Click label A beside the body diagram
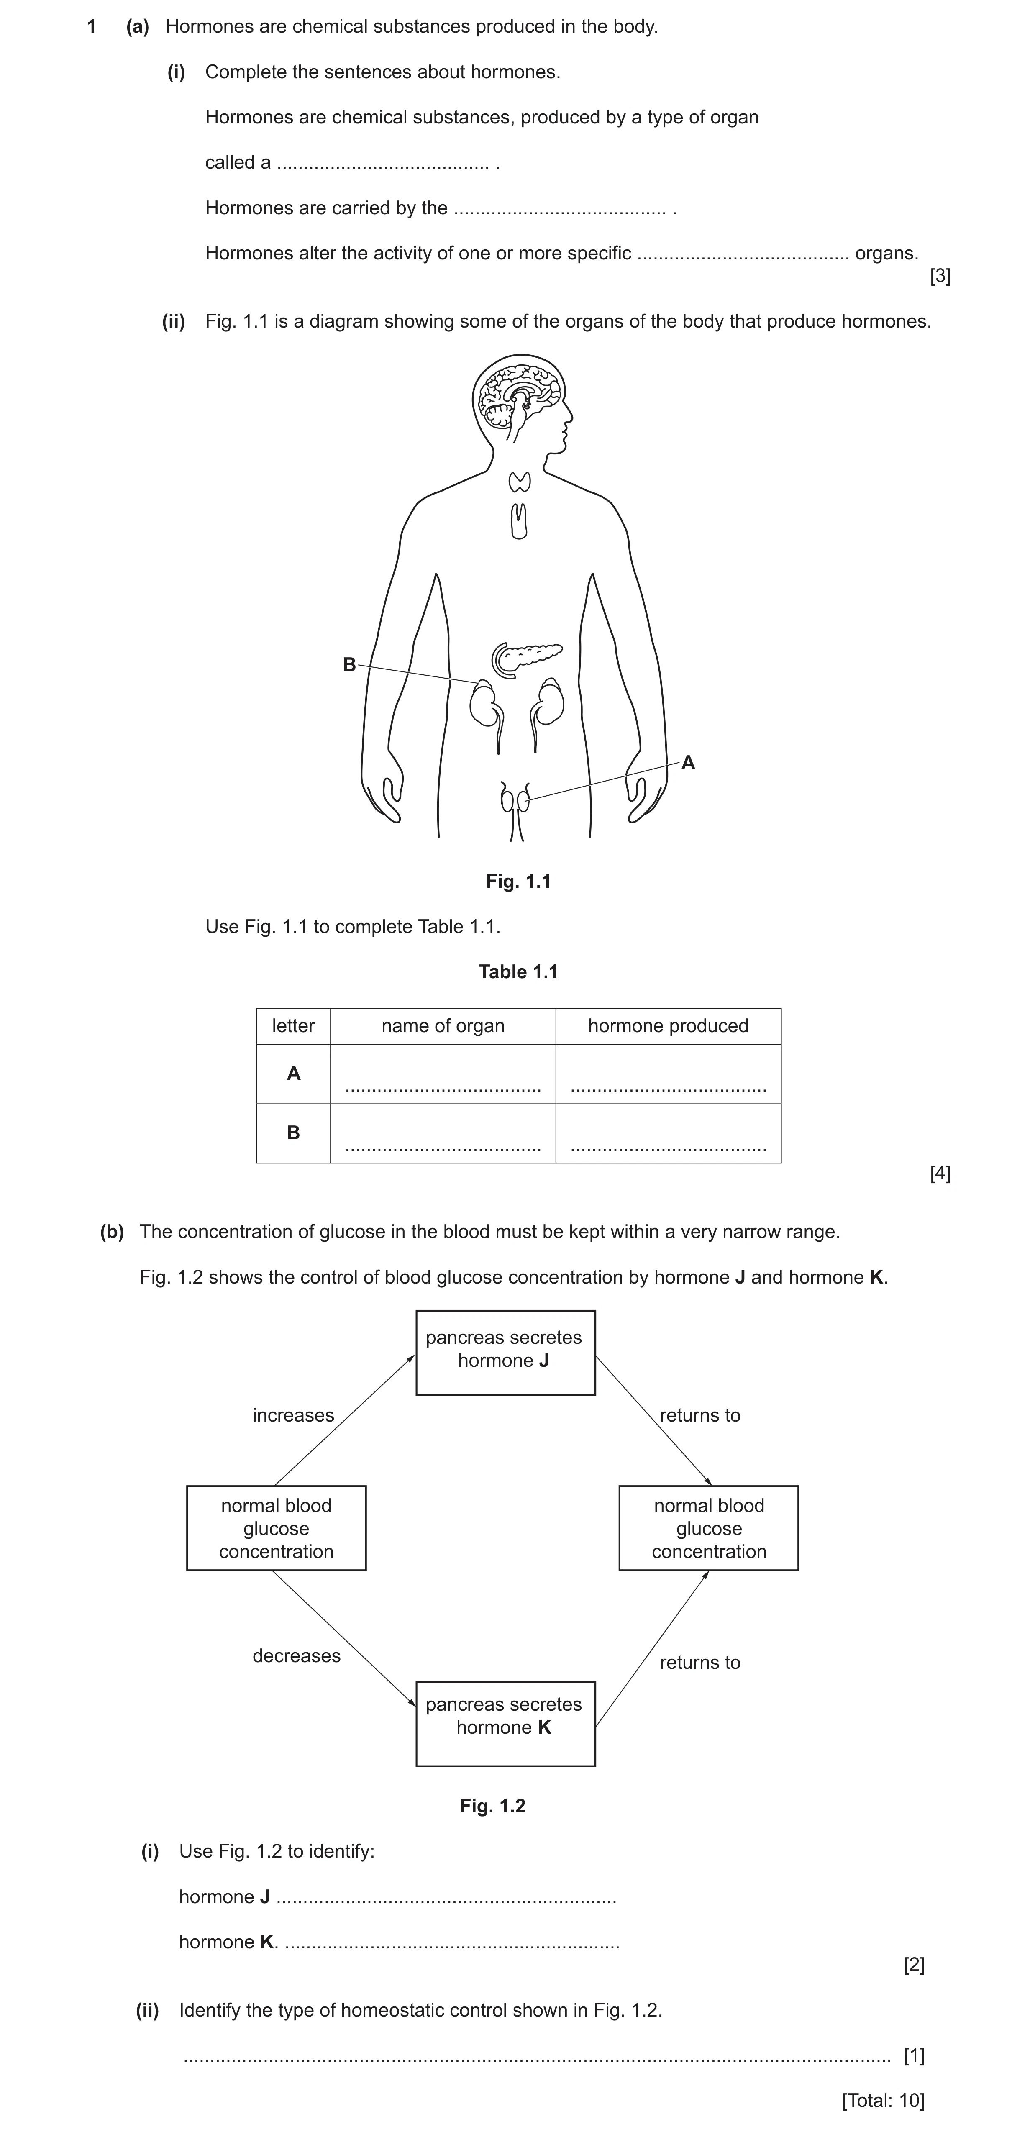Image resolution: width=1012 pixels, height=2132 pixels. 688,763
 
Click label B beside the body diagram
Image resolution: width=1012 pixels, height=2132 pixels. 349,665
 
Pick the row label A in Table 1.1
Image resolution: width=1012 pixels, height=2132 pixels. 293,1074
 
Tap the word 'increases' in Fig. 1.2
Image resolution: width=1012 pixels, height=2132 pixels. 293,1415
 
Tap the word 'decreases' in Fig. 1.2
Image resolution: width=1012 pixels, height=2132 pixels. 296,1655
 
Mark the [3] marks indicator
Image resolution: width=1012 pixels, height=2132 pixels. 940,277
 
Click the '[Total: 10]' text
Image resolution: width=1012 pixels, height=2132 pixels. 883,2100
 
